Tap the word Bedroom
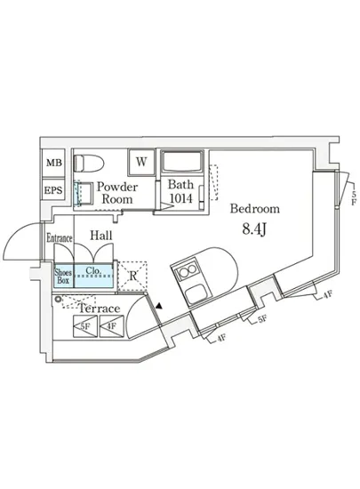click(255, 209)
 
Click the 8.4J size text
click(256, 229)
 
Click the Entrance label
click(59, 238)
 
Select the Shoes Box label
click(62, 277)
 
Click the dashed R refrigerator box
click(132, 276)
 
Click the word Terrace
click(99, 309)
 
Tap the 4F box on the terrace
click(111, 327)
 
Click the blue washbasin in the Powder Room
click(84, 194)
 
